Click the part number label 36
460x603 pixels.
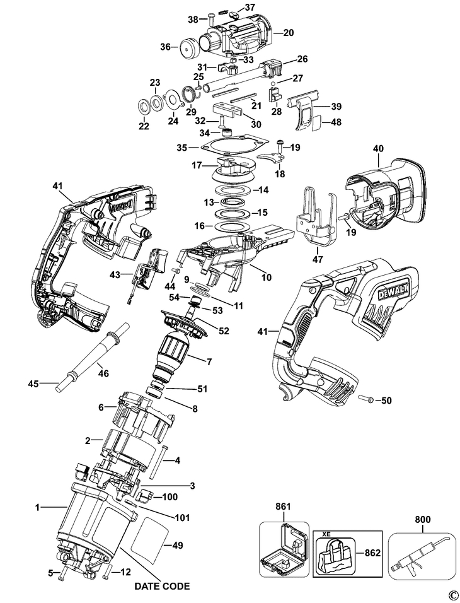point(165,47)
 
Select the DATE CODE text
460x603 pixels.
point(162,586)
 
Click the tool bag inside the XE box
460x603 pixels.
point(335,553)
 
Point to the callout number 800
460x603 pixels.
point(423,520)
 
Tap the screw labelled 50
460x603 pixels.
point(365,399)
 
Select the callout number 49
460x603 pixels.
point(178,545)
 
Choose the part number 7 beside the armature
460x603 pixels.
point(209,361)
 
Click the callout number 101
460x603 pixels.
point(182,518)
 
